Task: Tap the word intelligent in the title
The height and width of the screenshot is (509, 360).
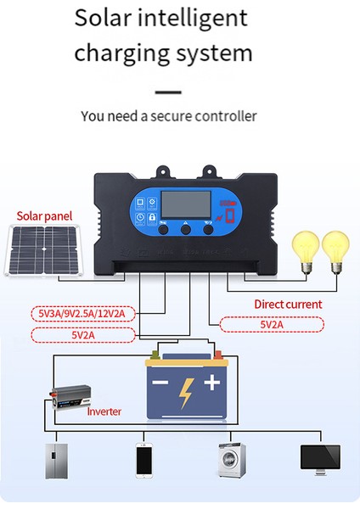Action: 194,18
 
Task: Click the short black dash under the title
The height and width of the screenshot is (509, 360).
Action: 169,92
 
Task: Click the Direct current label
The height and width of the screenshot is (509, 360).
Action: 288,304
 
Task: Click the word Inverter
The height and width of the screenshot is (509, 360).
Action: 104,411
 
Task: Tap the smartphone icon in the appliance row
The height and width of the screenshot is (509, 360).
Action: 143,460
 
